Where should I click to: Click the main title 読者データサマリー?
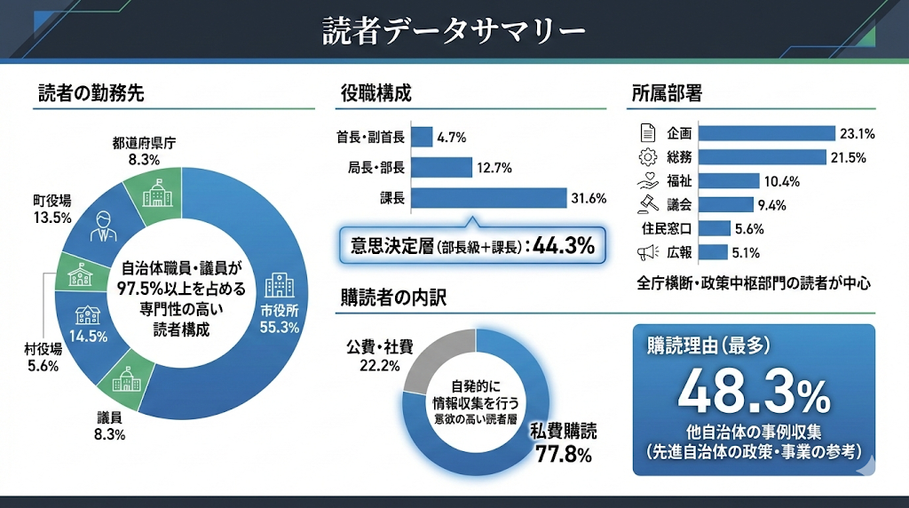tap(454, 31)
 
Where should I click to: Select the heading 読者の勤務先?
tap(91, 92)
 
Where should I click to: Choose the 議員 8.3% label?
tap(111, 425)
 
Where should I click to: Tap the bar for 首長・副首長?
tap(422, 137)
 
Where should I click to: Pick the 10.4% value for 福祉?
tap(781, 181)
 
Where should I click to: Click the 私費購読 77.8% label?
tap(564, 443)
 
